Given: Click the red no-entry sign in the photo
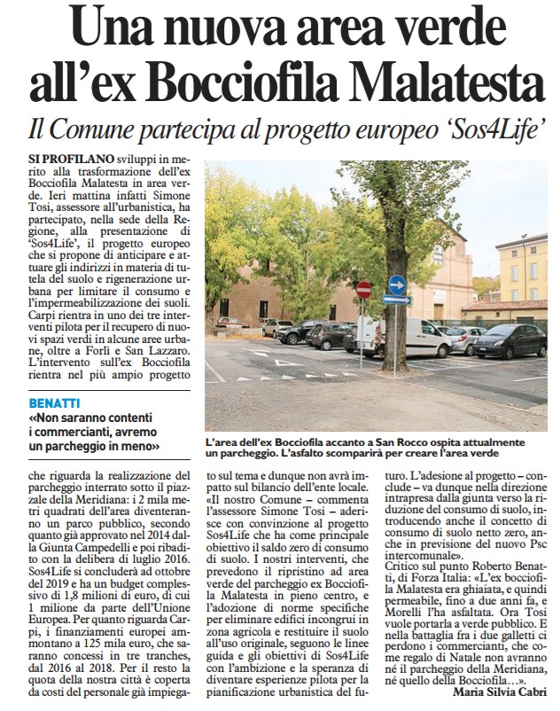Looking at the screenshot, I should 363,290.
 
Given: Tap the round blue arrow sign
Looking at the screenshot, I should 396,285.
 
